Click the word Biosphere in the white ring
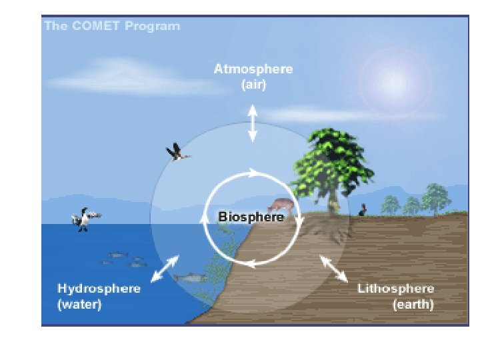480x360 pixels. [251, 217]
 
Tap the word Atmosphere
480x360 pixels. [253, 69]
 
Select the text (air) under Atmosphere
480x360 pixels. [253, 85]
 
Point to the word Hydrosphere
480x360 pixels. [99, 289]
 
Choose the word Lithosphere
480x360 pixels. [396, 289]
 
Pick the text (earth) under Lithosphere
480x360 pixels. [413, 305]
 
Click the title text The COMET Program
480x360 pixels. [112, 27]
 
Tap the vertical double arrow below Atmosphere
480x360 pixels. [253, 122]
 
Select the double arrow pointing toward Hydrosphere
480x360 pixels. [164, 268]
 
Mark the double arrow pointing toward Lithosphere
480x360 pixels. [333, 268]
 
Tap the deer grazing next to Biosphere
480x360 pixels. [280, 204]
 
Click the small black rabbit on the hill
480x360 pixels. [363, 210]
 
